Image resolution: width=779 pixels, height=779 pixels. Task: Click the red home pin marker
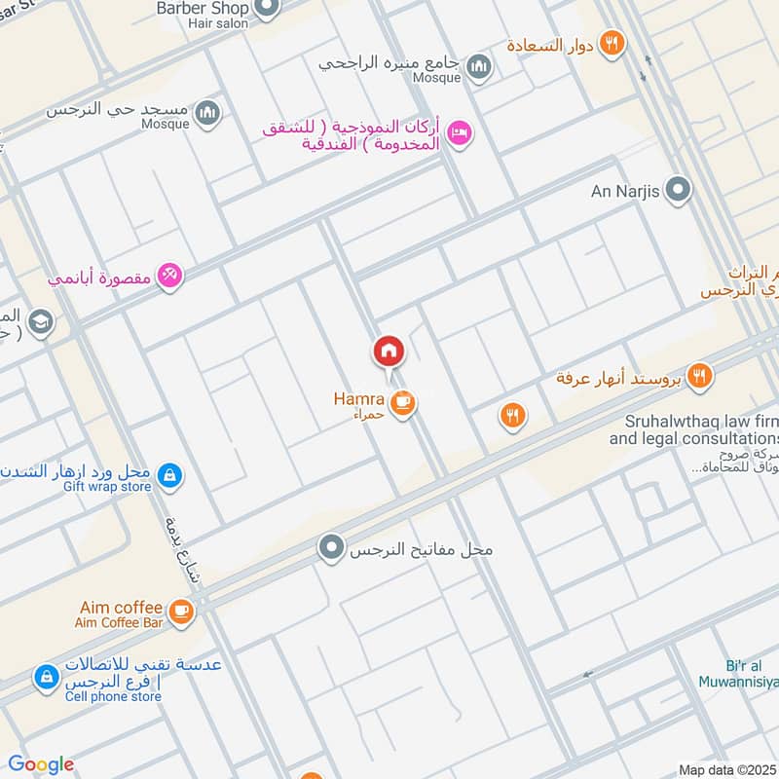click(388, 352)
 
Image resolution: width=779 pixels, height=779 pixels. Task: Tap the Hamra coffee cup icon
click(402, 401)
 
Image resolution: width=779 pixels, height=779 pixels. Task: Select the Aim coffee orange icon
click(180, 611)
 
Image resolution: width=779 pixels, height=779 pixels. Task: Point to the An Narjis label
click(625, 191)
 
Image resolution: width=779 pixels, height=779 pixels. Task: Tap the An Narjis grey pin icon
click(678, 191)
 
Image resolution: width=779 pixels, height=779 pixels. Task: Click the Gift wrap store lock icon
click(169, 475)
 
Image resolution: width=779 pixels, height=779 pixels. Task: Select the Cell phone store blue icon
click(45, 678)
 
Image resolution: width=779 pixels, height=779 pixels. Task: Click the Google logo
click(40, 764)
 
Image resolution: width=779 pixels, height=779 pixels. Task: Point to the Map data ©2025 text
click(726, 769)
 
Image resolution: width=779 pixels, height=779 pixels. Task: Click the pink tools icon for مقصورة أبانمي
click(170, 277)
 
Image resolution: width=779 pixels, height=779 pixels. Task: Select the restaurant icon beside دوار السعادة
click(612, 43)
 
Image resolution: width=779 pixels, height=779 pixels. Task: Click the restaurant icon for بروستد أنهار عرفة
click(698, 376)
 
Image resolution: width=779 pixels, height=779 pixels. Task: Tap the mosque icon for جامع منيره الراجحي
click(478, 66)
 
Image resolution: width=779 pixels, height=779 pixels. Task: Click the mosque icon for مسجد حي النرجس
click(207, 114)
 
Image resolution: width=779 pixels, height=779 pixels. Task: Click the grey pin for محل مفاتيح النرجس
click(333, 549)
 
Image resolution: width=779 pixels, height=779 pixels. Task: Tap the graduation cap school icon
click(41, 321)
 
